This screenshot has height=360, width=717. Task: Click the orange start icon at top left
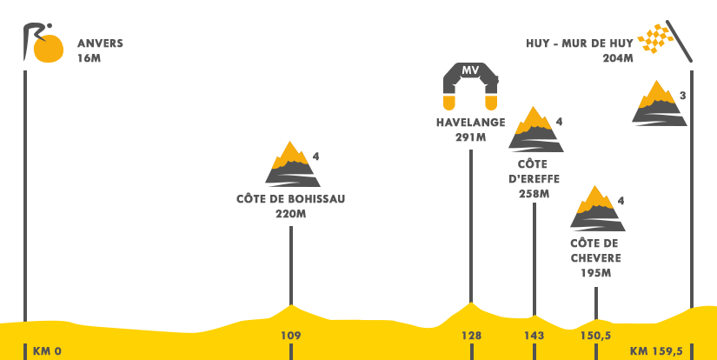pyautogui.click(x=43, y=43)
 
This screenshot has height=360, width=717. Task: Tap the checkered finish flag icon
pyautogui.click(x=666, y=41)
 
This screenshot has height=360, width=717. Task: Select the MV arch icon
pyautogui.click(x=470, y=86)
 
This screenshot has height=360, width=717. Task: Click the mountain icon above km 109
pyautogui.click(x=292, y=163)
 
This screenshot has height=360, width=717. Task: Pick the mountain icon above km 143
pyautogui.click(x=535, y=129)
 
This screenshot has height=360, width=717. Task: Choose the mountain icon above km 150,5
pyautogui.click(x=597, y=208)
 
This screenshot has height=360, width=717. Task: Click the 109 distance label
pyautogui.click(x=290, y=336)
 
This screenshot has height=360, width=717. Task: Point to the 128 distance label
pyautogui.click(x=471, y=336)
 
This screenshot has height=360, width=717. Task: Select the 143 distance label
pyautogui.click(x=534, y=336)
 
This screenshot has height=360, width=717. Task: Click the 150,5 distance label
pyautogui.click(x=595, y=336)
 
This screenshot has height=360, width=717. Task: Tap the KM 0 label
pyautogui.click(x=47, y=351)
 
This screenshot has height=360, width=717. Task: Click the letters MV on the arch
pyautogui.click(x=470, y=70)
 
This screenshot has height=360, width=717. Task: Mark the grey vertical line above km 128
pyautogui.click(x=470, y=223)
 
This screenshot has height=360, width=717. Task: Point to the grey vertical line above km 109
pyautogui.click(x=290, y=261)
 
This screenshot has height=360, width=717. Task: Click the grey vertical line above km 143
pyautogui.click(x=534, y=249)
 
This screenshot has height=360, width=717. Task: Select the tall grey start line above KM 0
pyautogui.click(x=25, y=183)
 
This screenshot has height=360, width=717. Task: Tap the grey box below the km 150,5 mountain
pyautogui.click(x=591, y=257)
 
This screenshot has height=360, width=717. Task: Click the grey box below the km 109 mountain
pyautogui.click(x=278, y=205)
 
